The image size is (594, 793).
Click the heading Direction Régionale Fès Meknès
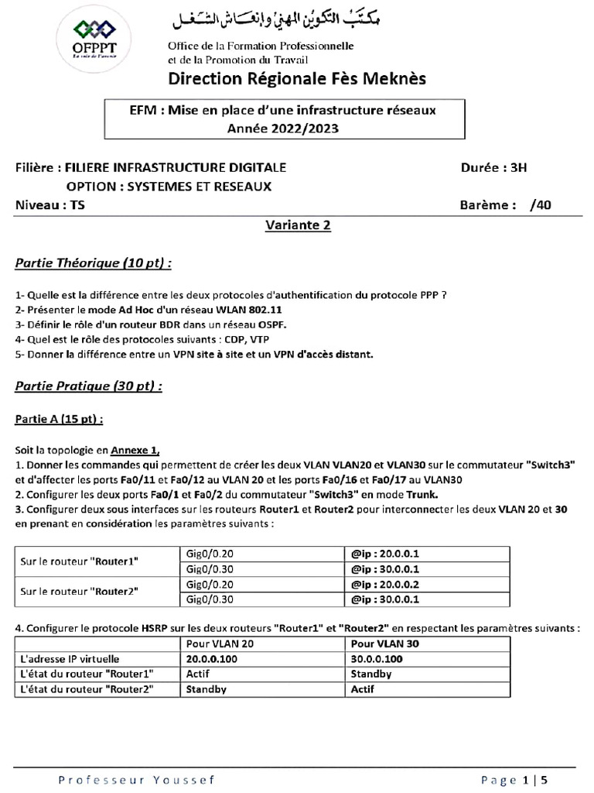point(297,79)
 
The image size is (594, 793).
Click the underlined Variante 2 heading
point(298,225)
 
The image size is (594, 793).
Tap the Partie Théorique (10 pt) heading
point(93,263)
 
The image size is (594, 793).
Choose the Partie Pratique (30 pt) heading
point(89,386)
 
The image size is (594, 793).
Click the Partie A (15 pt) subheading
point(59,419)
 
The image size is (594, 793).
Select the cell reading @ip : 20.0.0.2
point(386,585)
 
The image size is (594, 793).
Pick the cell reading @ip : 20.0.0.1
point(386,554)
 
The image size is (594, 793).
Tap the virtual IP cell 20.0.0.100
point(212,658)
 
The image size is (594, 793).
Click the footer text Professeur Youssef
point(138,779)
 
